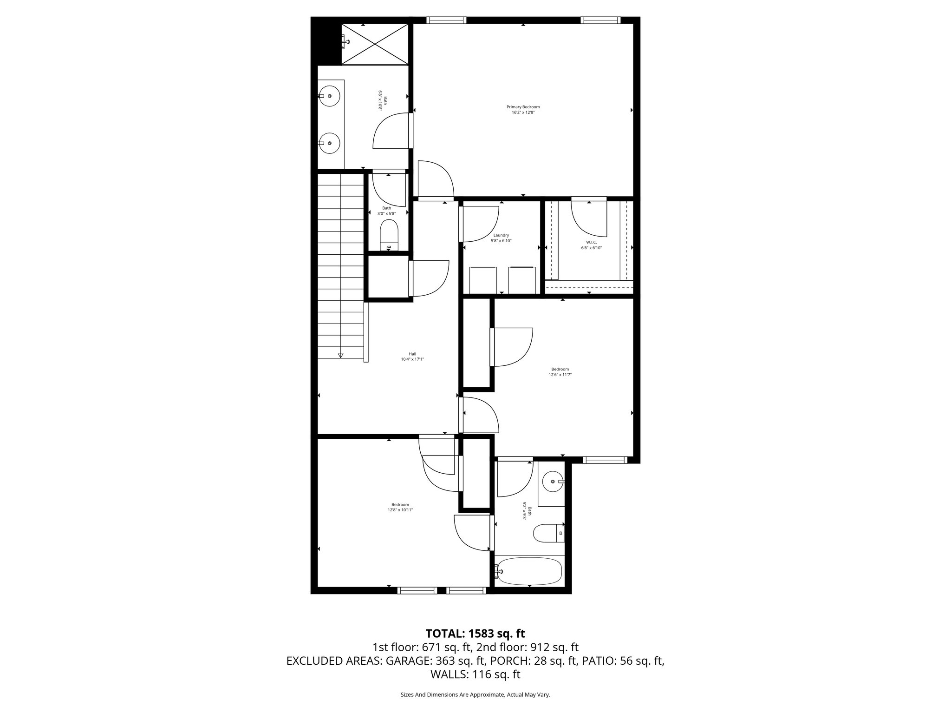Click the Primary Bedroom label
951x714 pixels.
click(523, 107)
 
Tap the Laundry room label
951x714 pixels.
click(501, 235)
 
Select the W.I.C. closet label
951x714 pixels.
click(591, 242)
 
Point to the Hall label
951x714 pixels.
click(412, 354)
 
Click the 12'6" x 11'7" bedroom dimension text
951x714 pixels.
click(560, 375)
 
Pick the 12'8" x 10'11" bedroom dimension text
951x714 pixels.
click(400, 510)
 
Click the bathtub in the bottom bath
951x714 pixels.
click(529, 572)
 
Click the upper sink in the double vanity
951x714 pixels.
click(330, 96)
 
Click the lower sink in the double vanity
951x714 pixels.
click(330, 143)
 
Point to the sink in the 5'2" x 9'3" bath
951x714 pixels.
click(553, 482)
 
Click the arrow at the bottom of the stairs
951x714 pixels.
click(340, 355)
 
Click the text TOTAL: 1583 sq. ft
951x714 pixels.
click(475, 633)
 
